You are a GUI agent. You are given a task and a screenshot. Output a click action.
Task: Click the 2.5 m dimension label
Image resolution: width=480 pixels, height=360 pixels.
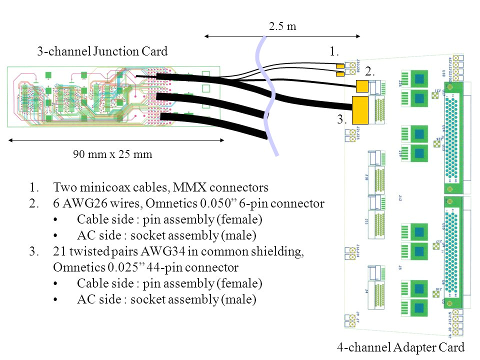coord(282,26)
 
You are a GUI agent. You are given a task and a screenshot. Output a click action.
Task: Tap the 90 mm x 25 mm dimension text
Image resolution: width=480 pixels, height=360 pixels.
coord(112,154)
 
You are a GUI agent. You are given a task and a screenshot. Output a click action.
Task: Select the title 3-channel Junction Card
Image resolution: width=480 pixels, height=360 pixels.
coord(102,51)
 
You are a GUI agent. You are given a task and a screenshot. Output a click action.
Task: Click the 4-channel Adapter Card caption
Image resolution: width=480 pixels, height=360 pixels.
coord(401,347)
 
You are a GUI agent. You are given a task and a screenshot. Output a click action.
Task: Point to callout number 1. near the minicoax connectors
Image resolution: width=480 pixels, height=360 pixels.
coord(334,51)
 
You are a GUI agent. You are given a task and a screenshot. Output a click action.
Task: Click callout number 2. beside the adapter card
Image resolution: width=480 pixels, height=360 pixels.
coord(370,72)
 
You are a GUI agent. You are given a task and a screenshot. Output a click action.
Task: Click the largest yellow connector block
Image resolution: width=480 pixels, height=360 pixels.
coord(360,110)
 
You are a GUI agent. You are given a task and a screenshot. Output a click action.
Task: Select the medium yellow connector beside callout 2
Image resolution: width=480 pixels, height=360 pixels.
coord(362,86)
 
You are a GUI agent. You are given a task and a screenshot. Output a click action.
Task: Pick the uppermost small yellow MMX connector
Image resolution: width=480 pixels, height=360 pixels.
coord(340,65)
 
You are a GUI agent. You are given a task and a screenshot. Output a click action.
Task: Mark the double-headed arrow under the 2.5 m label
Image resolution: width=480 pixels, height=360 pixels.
coord(282,36)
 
